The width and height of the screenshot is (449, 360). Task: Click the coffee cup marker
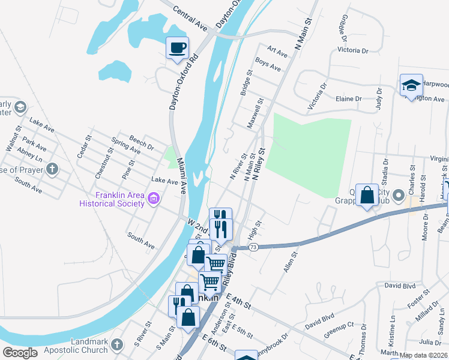[x=177, y=47]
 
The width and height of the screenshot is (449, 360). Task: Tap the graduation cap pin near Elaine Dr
[x=411, y=85]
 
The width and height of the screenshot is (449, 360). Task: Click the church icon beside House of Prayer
[x=52, y=169]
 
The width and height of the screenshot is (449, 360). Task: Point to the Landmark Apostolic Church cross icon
[x=116, y=345]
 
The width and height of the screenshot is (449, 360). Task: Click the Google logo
[x=20, y=352]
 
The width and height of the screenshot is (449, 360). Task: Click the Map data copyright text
[x=424, y=355]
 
